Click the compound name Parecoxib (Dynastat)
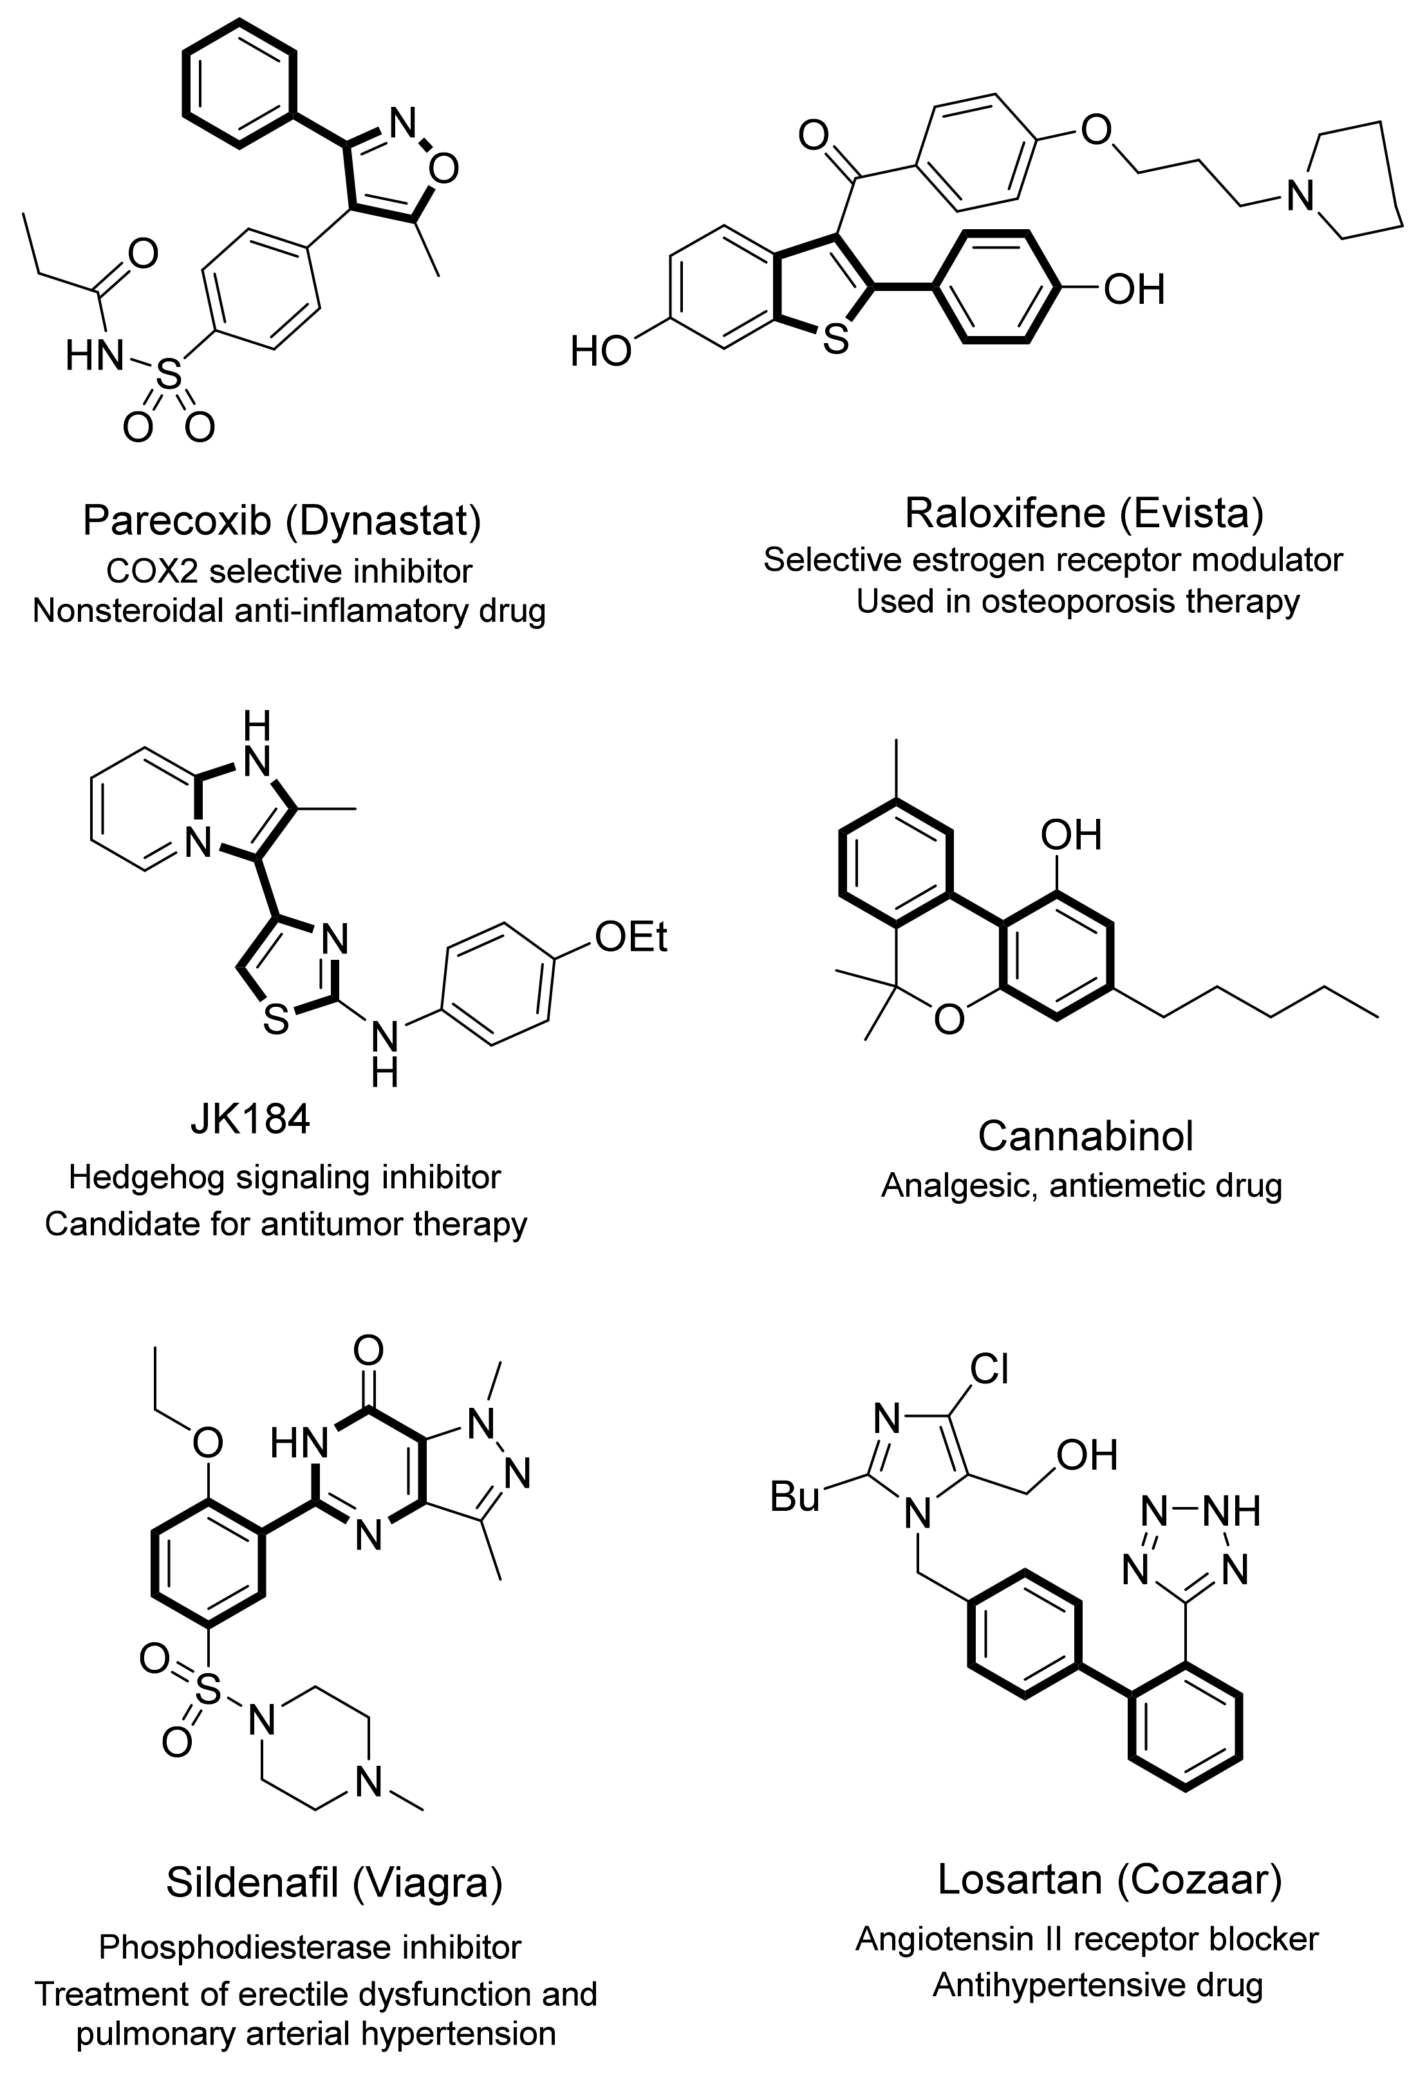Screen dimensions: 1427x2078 [282, 520]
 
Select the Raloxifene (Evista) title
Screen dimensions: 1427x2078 [1084, 513]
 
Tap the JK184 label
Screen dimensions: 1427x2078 [250, 1119]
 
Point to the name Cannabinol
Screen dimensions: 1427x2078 [1085, 1136]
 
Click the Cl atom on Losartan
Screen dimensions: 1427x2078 [990, 1368]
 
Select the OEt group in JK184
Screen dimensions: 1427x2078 [631, 937]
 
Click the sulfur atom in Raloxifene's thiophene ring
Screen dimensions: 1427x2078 [835, 341]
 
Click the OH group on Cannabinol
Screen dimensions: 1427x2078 [1071, 834]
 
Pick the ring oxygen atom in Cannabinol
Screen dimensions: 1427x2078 [949, 1019]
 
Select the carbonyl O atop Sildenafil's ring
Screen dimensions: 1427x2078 [368, 1350]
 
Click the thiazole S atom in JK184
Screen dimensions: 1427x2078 [275, 1020]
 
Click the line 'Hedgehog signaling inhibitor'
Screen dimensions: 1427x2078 [284, 1177]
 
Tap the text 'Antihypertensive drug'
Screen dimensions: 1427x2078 [1097, 1961]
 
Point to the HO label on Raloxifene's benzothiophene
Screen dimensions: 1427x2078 [601, 352]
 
